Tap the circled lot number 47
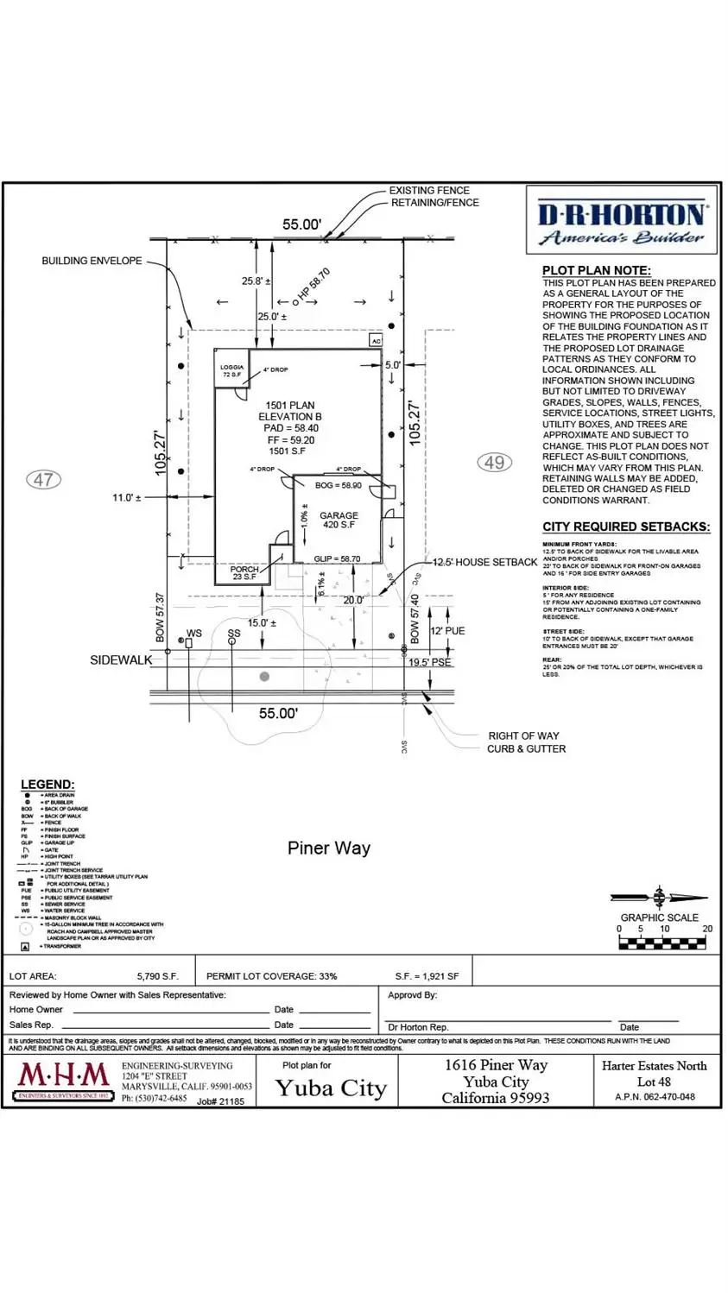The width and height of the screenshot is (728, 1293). pos(44,479)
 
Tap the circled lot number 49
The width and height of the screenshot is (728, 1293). pos(494,463)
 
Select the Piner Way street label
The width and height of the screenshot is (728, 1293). pos(328,848)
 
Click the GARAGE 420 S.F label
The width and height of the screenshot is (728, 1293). pos(339,520)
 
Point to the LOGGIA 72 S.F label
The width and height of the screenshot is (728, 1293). pos(231,371)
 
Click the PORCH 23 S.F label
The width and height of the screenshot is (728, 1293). pos(244,573)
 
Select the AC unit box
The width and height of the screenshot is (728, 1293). pos(376,341)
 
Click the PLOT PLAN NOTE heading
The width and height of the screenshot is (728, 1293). pos(597,270)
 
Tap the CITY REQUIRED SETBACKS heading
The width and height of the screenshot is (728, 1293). pos(626,527)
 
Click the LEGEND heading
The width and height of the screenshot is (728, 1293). pos(47,785)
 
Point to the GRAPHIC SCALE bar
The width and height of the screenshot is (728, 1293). pos(663,943)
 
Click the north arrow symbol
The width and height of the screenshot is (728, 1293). pos(660,898)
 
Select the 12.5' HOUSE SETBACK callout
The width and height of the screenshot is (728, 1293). pos(484,562)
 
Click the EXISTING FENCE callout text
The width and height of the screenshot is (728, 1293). pos(429,191)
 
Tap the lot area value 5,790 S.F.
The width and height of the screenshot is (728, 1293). pos(157,976)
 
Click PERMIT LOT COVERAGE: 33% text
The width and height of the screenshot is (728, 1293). pos(272,976)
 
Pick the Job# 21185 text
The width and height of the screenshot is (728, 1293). pos(220,1101)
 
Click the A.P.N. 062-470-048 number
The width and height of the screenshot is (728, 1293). pos(655,1097)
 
